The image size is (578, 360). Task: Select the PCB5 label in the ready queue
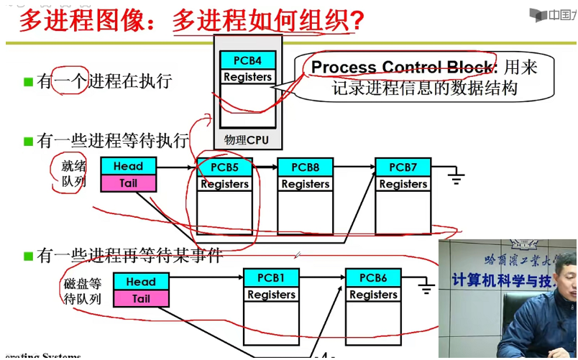pos(224,167)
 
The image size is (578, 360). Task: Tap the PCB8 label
pos(305,167)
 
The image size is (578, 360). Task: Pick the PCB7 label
pos(403,167)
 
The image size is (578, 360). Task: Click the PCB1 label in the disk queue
pos(271,277)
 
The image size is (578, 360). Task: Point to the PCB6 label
pos(373,277)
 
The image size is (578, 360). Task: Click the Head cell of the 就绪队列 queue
pos(128,166)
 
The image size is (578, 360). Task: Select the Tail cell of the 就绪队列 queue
pos(128,183)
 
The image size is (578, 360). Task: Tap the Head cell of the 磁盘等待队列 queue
pos(141,282)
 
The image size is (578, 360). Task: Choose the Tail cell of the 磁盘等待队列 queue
pos(141,298)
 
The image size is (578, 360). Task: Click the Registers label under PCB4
pos(247,77)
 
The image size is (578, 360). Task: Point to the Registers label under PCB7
pos(403,184)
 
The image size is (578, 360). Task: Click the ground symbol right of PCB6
pos(426,287)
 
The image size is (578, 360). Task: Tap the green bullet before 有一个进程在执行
pos(28,82)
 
